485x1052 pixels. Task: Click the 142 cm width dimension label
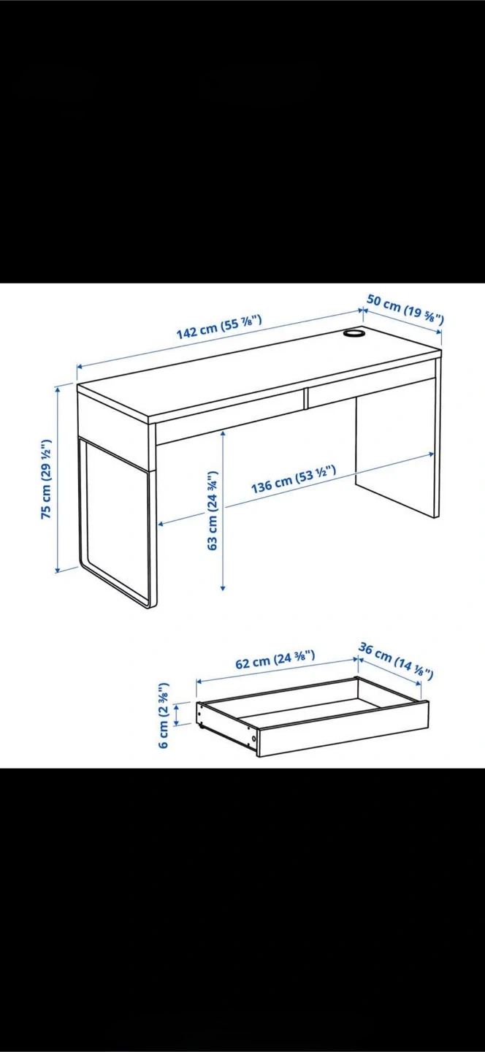[x=219, y=327]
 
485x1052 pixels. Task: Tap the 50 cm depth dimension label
[x=405, y=310]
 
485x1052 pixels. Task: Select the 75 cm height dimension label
[x=46, y=479]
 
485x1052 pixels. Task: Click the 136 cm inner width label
[x=294, y=479]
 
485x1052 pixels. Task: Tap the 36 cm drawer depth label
[x=396, y=660]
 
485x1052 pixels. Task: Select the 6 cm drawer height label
[x=164, y=714]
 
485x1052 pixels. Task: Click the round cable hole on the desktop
[x=354, y=333]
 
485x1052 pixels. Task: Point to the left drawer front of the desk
[x=231, y=418]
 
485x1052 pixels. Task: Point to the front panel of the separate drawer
[x=343, y=728]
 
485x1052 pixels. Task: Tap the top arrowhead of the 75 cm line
[x=57, y=389]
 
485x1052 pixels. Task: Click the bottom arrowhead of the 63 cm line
[x=223, y=587]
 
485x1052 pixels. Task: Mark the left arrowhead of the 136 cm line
[x=161, y=524]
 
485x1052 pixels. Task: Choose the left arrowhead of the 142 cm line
[x=80, y=366]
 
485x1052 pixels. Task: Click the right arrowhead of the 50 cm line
[x=439, y=331]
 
